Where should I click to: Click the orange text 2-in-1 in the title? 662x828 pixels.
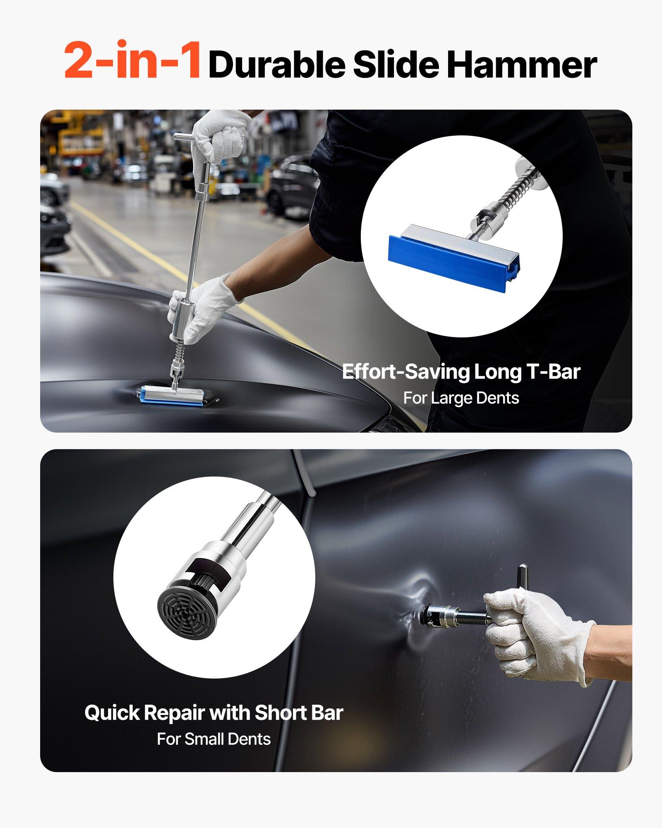click(x=132, y=60)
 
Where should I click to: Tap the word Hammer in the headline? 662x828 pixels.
click(x=522, y=65)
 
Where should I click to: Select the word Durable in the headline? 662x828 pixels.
click(x=276, y=65)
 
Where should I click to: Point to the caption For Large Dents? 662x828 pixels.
click(x=461, y=398)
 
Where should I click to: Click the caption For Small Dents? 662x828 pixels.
click(x=213, y=739)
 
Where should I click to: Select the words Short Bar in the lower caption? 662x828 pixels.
click(x=299, y=713)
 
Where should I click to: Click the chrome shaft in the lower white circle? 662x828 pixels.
click(x=254, y=522)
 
